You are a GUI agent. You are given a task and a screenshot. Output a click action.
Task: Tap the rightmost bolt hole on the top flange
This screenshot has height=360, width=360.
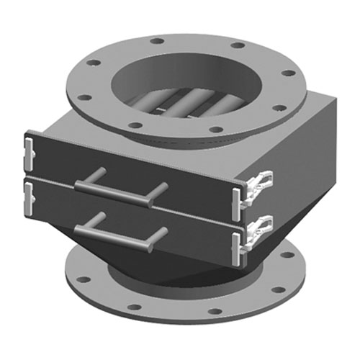(x=288, y=73)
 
